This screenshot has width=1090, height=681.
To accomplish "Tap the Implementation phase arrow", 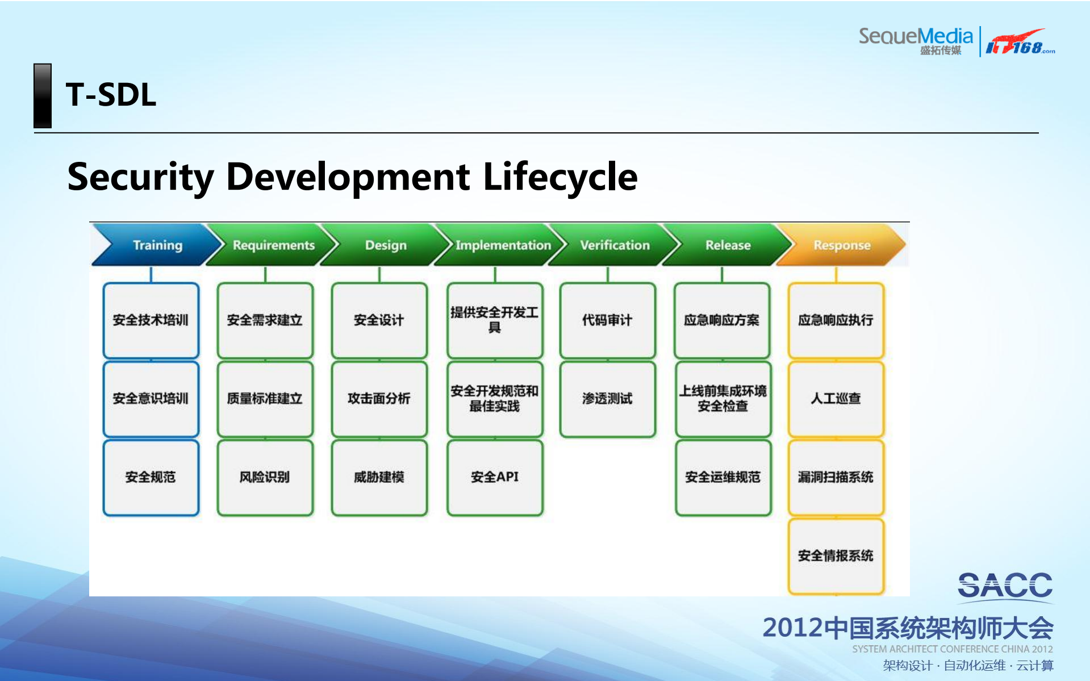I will click(x=502, y=245).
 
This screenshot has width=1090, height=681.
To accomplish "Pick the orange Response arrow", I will click(x=842, y=245).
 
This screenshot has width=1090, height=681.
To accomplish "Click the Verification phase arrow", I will click(x=615, y=245).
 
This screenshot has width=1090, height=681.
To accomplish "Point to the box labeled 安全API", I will click(x=495, y=477).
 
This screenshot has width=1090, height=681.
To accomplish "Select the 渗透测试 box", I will click(x=607, y=399).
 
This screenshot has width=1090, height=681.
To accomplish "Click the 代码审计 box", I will click(x=607, y=320).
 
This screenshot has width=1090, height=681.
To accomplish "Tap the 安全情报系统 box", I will click(x=836, y=555).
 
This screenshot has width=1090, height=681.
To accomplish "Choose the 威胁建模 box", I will click(x=379, y=477).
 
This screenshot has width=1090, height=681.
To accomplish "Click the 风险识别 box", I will click(x=265, y=477).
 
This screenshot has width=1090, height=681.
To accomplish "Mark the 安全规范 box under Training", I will click(x=151, y=477).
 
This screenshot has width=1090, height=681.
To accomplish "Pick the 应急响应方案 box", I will click(x=721, y=320).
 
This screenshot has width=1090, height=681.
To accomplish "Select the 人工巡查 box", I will click(x=836, y=399).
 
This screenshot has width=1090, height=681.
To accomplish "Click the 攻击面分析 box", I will click(x=379, y=399).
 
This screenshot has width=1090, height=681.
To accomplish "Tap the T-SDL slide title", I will click(x=111, y=95).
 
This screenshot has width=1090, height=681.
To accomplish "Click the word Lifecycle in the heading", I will click(x=560, y=177).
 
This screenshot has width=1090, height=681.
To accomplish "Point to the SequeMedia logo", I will click(x=915, y=40).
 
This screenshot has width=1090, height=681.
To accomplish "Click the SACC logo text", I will click(x=1005, y=585).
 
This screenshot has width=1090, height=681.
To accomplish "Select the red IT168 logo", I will click(x=1020, y=43).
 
